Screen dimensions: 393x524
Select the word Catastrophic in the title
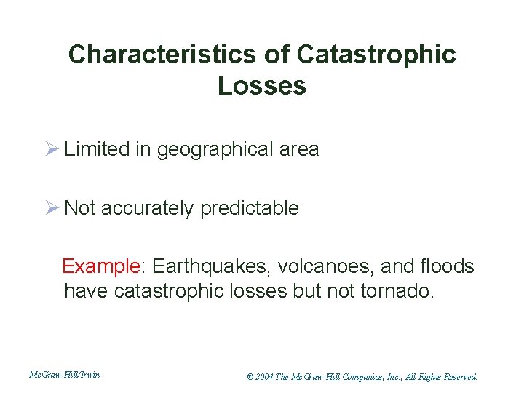tap(376, 55)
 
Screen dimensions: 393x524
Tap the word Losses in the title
tap(261, 86)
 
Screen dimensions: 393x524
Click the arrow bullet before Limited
tap(52, 150)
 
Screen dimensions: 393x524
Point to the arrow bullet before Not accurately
tap(52, 208)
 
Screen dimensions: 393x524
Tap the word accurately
tap(148, 209)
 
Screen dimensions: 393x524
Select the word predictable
tap(249, 209)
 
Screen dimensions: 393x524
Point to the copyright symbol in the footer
tap(250, 377)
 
